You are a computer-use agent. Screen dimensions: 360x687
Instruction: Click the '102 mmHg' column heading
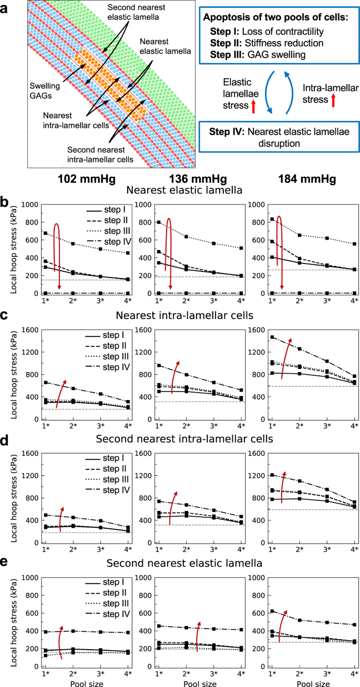pyautogui.click(x=87, y=179)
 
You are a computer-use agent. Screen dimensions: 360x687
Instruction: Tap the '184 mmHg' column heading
pyautogui.click(x=307, y=179)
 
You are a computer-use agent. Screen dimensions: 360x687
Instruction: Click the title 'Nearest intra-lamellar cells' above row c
pyautogui.click(x=184, y=315)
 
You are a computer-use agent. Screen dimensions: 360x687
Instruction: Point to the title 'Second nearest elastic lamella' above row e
pyautogui.click(x=184, y=563)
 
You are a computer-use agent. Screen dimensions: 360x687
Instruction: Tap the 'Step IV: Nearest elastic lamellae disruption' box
pyautogui.click(x=280, y=137)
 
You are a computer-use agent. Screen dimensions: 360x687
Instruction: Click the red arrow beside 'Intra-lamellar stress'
pyautogui.click(x=333, y=100)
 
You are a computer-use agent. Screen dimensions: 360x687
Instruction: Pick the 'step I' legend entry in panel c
pyautogui.click(x=105, y=335)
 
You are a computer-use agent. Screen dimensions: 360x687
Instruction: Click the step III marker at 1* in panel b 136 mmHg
pyautogui.click(x=159, y=222)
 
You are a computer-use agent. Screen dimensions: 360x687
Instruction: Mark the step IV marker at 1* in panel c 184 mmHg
pyautogui.click(x=272, y=337)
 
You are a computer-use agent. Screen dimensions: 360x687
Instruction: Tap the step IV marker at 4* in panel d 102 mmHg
pyautogui.click(x=128, y=527)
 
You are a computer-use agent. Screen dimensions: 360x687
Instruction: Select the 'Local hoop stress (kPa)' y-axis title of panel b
pyautogui.click(x=14, y=249)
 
